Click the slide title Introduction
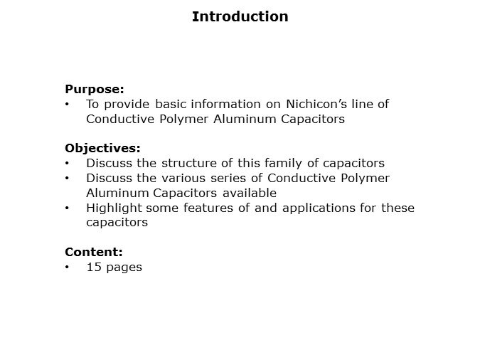click(x=240, y=16)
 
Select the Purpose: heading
click(x=95, y=89)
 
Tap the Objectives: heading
click(x=102, y=148)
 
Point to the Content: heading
click(x=94, y=252)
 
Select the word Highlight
click(x=114, y=208)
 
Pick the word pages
click(x=124, y=268)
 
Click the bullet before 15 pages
click(x=67, y=268)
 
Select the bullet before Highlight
click(x=67, y=208)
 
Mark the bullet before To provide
click(x=67, y=104)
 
